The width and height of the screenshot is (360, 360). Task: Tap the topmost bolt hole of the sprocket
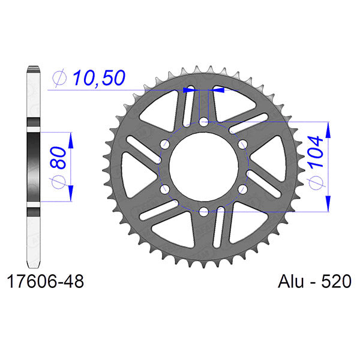point(203,122)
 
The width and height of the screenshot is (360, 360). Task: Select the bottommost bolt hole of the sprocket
point(203,211)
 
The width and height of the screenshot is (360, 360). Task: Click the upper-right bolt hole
point(242,145)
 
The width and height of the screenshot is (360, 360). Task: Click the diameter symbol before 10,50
point(59,77)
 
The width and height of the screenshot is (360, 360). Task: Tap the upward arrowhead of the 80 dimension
point(71,139)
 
